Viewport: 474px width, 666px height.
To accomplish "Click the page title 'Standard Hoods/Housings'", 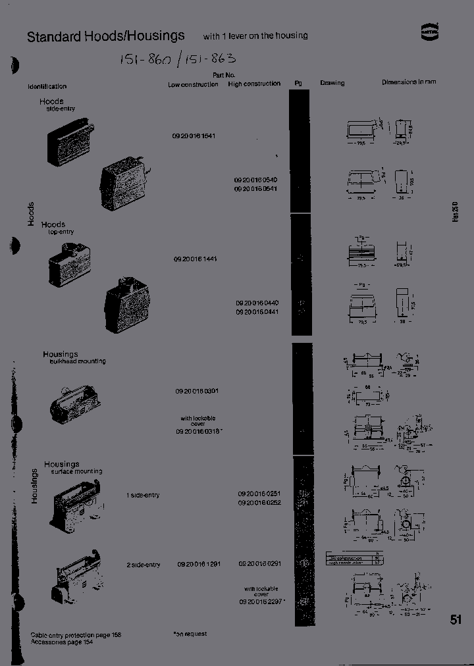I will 105,36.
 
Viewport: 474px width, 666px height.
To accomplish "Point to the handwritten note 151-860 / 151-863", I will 177,60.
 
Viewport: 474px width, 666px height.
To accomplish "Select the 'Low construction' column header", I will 193,84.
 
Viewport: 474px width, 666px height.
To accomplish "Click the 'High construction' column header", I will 254,84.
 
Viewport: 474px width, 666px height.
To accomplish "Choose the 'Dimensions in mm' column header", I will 409,82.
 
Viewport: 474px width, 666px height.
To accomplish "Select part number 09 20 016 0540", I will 256,180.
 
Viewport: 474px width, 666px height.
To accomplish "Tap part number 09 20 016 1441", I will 196,259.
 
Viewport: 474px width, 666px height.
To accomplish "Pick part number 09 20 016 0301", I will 197,391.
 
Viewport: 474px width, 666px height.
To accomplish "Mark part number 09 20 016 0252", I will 259,502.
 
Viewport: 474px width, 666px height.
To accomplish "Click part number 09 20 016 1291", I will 199,564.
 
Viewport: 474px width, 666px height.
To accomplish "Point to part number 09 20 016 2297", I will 261,602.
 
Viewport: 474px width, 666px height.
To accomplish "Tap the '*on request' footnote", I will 190,634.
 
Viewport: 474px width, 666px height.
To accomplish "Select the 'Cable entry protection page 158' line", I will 76,635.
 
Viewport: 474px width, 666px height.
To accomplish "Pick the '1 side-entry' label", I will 143,495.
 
